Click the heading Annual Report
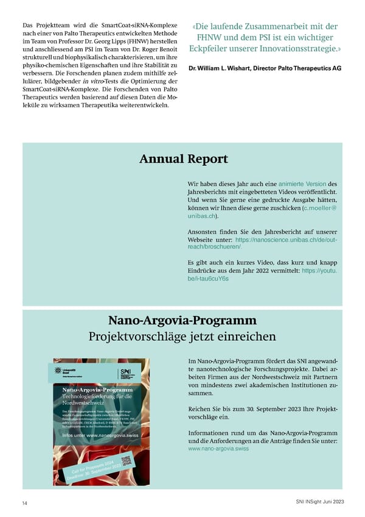click(x=183, y=159)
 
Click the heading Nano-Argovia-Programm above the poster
click(x=182, y=320)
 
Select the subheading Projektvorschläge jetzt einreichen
click(x=182, y=337)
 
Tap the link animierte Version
click(x=302, y=184)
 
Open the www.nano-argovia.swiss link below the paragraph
click(x=218, y=448)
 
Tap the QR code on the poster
click(x=126, y=460)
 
